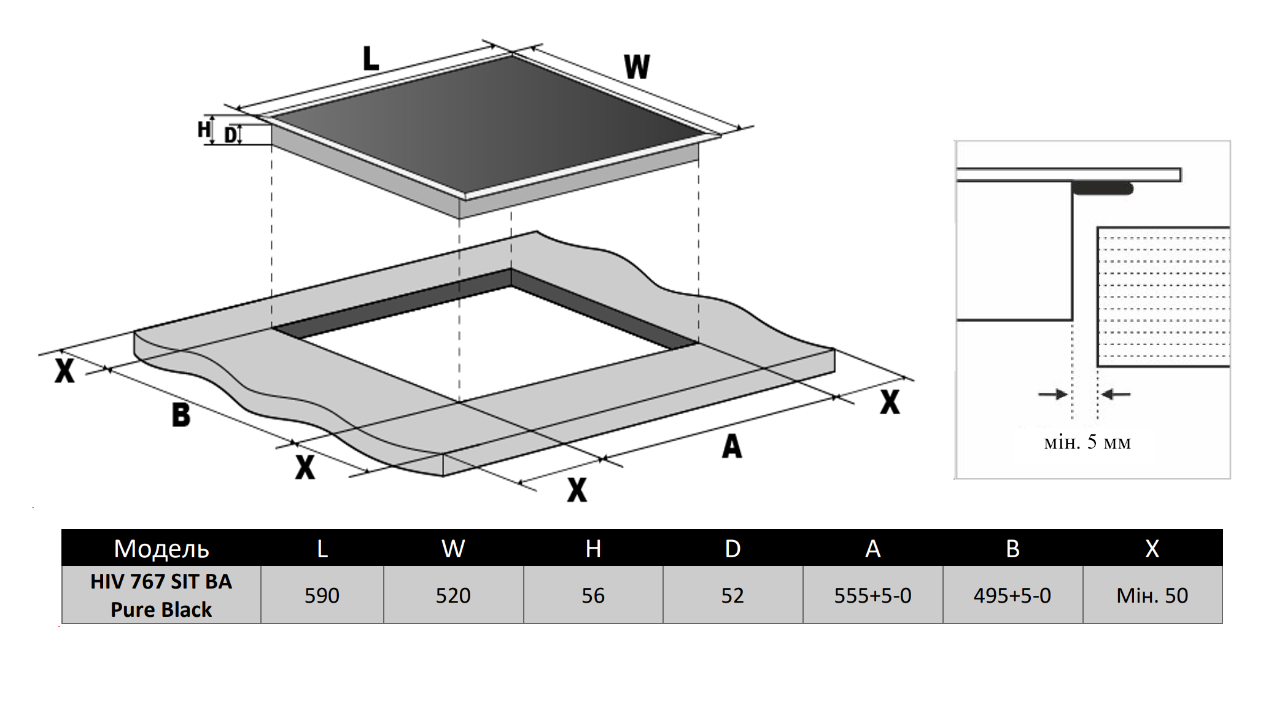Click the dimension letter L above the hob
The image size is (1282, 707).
(x=371, y=59)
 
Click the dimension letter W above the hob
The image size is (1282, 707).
(x=637, y=66)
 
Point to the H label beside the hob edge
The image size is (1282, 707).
(x=204, y=129)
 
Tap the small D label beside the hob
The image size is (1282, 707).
(x=230, y=135)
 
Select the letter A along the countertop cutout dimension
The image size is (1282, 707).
(x=732, y=446)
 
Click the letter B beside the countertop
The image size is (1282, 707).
(x=181, y=414)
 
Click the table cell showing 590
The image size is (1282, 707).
(x=322, y=595)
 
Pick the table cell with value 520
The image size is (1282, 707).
(x=453, y=595)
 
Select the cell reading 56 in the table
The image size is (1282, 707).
(x=593, y=595)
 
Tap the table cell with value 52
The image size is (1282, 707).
(x=732, y=595)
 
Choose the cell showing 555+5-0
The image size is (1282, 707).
(x=872, y=595)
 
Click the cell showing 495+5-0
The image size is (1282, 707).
(x=1012, y=595)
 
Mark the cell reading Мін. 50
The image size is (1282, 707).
(x=1152, y=595)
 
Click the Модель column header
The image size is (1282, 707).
(x=161, y=548)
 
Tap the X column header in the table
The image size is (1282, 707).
(x=1152, y=548)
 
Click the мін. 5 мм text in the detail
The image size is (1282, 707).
(x=1087, y=442)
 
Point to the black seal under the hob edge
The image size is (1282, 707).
(x=1103, y=188)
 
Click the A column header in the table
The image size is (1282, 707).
(x=872, y=548)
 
